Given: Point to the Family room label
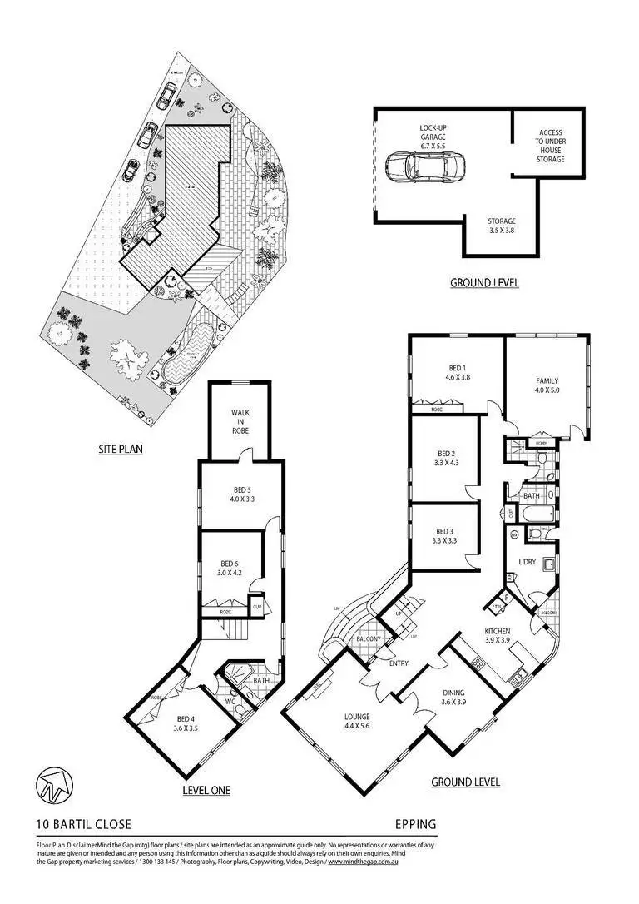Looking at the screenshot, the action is click(x=547, y=386).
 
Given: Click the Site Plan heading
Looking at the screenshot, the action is click(x=121, y=450).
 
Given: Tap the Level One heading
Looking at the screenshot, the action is click(x=206, y=790).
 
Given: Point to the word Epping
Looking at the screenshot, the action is click(x=415, y=825).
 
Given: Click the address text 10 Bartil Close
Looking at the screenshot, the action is click(x=83, y=825).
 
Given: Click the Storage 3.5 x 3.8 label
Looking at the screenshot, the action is click(x=502, y=226).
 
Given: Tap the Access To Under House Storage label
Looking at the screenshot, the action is click(x=550, y=146).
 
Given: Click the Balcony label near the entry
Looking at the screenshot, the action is click(x=367, y=639).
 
